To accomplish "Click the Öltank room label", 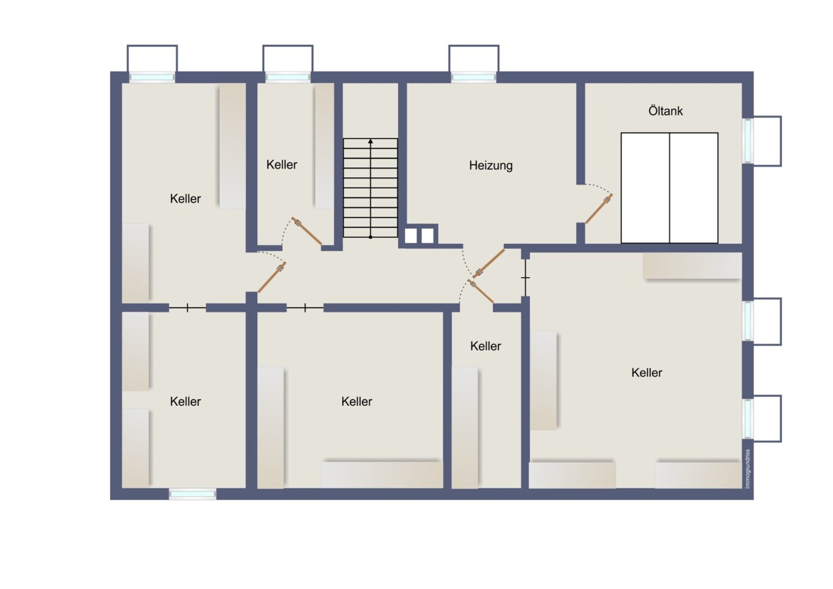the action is pyautogui.click(x=665, y=111).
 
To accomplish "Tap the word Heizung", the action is pyautogui.click(x=491, y=166).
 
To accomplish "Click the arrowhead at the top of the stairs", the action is pyautogui.click(x=370, y=141).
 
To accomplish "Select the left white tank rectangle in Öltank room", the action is pyautogui.click(x=645, y=188).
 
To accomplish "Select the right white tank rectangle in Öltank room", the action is pyautogui.click(x=694, y=188).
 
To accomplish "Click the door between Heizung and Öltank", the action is pyautogui.click(x=599, y=209).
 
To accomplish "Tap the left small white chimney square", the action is pyautogui.click(x=411, y=236).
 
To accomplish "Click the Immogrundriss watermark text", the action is pyautogui.click(x=748, y=468).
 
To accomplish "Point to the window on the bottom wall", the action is pyautogui.click(x=192, y=494).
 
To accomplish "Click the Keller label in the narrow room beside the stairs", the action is pyautogui.click(x=281, y=165).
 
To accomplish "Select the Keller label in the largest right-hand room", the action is pyautogui.click(x=647, y=372).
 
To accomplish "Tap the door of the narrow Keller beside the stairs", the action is pyautogui.click(x=307, y=231).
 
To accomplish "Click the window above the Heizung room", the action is pyautogui.click(x=473, y=77).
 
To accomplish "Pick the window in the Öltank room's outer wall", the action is pyautogui.click(x=747, y=141).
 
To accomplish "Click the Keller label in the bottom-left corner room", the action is pyautogui.click(x=185, y=401).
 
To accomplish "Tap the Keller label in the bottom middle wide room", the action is pyautogui.click(x=357, y=401).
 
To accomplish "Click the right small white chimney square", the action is pyautogui.click(x=427, y=236).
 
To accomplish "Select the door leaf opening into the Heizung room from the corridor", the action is pyautogui.click(x=490, y=263).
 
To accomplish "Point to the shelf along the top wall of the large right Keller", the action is pyautogui.click(x=693, y=266).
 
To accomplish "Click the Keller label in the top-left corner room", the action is pyautogui.click(x=185, y=199).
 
